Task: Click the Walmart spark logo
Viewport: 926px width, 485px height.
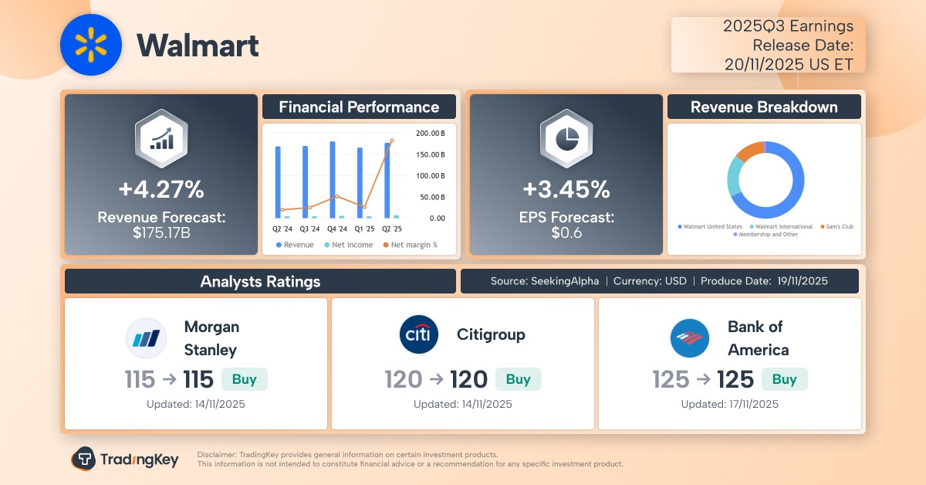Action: click(x=92, y=46)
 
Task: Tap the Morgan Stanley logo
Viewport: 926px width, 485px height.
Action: click(x=146, y=338)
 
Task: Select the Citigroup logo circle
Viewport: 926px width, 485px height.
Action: click(x=419, y=334)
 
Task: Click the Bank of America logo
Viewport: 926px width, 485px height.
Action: click(x=690, y=338)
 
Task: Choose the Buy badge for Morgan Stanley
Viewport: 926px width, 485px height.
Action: click(x=244, y=379)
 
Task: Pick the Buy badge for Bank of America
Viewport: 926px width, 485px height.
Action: click(x=784, y=379)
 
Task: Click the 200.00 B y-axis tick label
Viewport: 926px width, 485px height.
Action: click(x=431, y=133)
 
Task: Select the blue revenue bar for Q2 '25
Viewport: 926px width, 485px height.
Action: click(x=387, y=180)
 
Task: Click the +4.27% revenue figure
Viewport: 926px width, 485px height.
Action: click(x=161, y=189)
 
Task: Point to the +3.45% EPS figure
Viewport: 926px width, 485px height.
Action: click(x=566, y=189)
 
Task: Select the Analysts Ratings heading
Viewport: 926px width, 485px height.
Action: click(x=260, y=281)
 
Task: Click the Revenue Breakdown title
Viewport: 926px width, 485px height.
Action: click(x=763, y=107)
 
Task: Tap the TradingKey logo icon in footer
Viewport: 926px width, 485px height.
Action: click(x=83, y=459)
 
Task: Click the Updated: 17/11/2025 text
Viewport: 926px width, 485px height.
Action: click(x=729, y=404)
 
